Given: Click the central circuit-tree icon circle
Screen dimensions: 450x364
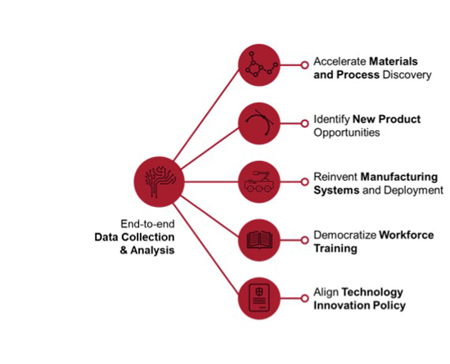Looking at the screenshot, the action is pos(159,182).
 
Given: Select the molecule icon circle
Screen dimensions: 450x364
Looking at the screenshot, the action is pos(259,65).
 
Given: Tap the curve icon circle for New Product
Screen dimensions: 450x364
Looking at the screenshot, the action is pos(259,124).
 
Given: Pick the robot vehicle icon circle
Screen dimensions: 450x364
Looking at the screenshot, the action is pos(259,182).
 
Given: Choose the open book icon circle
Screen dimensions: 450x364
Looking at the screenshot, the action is pos(259,240).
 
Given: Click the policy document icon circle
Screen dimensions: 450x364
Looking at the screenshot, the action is pos(259,299).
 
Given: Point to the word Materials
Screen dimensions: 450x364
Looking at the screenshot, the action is pos(394,61).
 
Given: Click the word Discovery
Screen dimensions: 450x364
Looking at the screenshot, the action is pos(407,75).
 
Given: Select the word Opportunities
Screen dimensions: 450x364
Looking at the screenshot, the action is pos(347,133).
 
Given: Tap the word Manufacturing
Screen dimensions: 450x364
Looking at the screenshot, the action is pos(399,177).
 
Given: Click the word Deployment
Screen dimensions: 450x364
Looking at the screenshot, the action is pos(413,190).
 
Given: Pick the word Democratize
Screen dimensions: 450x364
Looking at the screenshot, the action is pos(345,236).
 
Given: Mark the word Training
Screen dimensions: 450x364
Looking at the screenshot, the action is pos(335,249).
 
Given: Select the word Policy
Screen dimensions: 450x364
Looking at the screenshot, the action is pos(389,306).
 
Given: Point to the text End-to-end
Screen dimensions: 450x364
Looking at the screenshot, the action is pos(147,224).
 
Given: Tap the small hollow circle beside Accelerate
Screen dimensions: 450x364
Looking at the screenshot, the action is pos(304,65).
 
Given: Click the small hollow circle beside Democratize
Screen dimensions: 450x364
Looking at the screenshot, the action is pos(304,240).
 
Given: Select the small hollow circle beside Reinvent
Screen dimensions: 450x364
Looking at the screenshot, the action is pos(304,182).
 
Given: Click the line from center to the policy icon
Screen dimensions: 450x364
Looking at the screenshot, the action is pos(205,249).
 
